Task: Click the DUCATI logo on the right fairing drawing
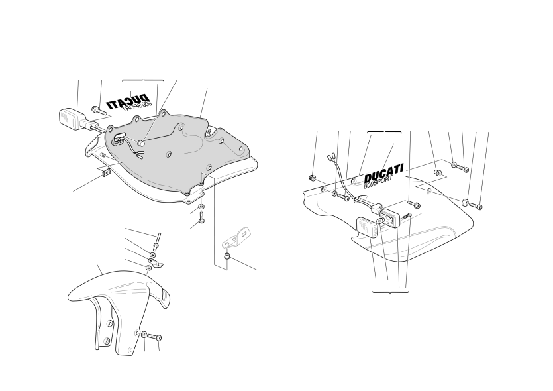click(x=383, y=172)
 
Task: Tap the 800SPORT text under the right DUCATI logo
click(x=377, y=182)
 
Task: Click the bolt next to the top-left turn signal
click(x=99, y=111)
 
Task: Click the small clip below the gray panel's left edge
click(x=105, y=172)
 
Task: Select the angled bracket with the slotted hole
click(x=236, y=238)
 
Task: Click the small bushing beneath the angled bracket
click(x=227, y=256)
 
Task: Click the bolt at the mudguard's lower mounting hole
click(x=155, y=337)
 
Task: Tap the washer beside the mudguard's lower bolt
click(x=144, y=334)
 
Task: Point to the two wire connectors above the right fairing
click(x=331, y=156)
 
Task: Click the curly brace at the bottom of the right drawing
click(x=391, y=292)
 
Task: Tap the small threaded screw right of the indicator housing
click(x=407, y=215)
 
